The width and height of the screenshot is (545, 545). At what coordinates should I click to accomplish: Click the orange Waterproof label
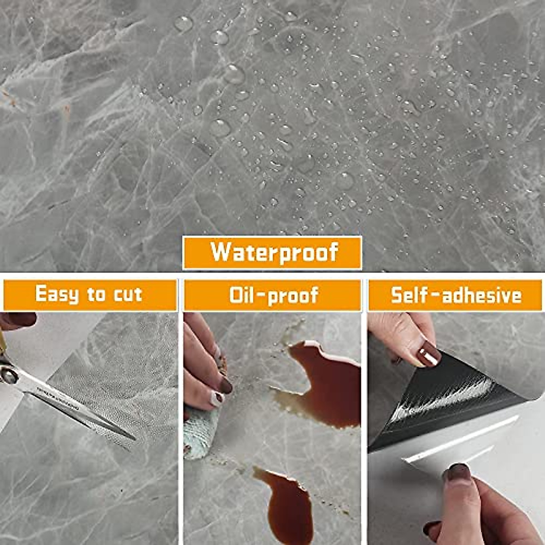272,253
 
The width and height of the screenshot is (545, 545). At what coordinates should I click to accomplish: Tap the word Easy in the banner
57,294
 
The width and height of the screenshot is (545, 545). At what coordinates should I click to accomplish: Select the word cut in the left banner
128,295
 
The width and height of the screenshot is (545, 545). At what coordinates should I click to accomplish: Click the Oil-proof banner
272,295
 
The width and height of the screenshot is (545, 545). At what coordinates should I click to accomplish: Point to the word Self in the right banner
409,295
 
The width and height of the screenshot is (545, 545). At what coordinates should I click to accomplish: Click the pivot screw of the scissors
9,376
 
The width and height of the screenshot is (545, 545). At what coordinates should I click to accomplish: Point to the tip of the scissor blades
134,439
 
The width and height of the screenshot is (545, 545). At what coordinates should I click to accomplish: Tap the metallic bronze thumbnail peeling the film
429,354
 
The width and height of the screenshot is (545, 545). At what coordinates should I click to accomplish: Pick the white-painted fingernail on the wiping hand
218,398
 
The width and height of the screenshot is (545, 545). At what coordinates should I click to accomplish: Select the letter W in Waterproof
221,252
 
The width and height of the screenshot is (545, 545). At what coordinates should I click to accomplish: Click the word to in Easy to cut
96,295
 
